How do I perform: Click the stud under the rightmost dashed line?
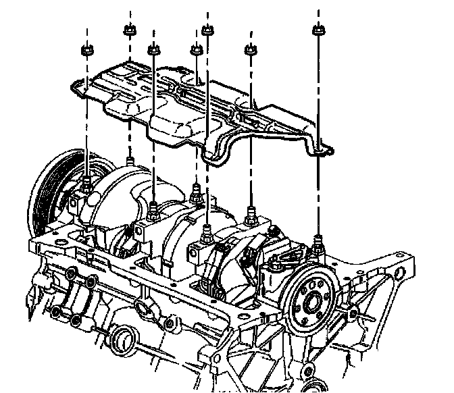point(318,238)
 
